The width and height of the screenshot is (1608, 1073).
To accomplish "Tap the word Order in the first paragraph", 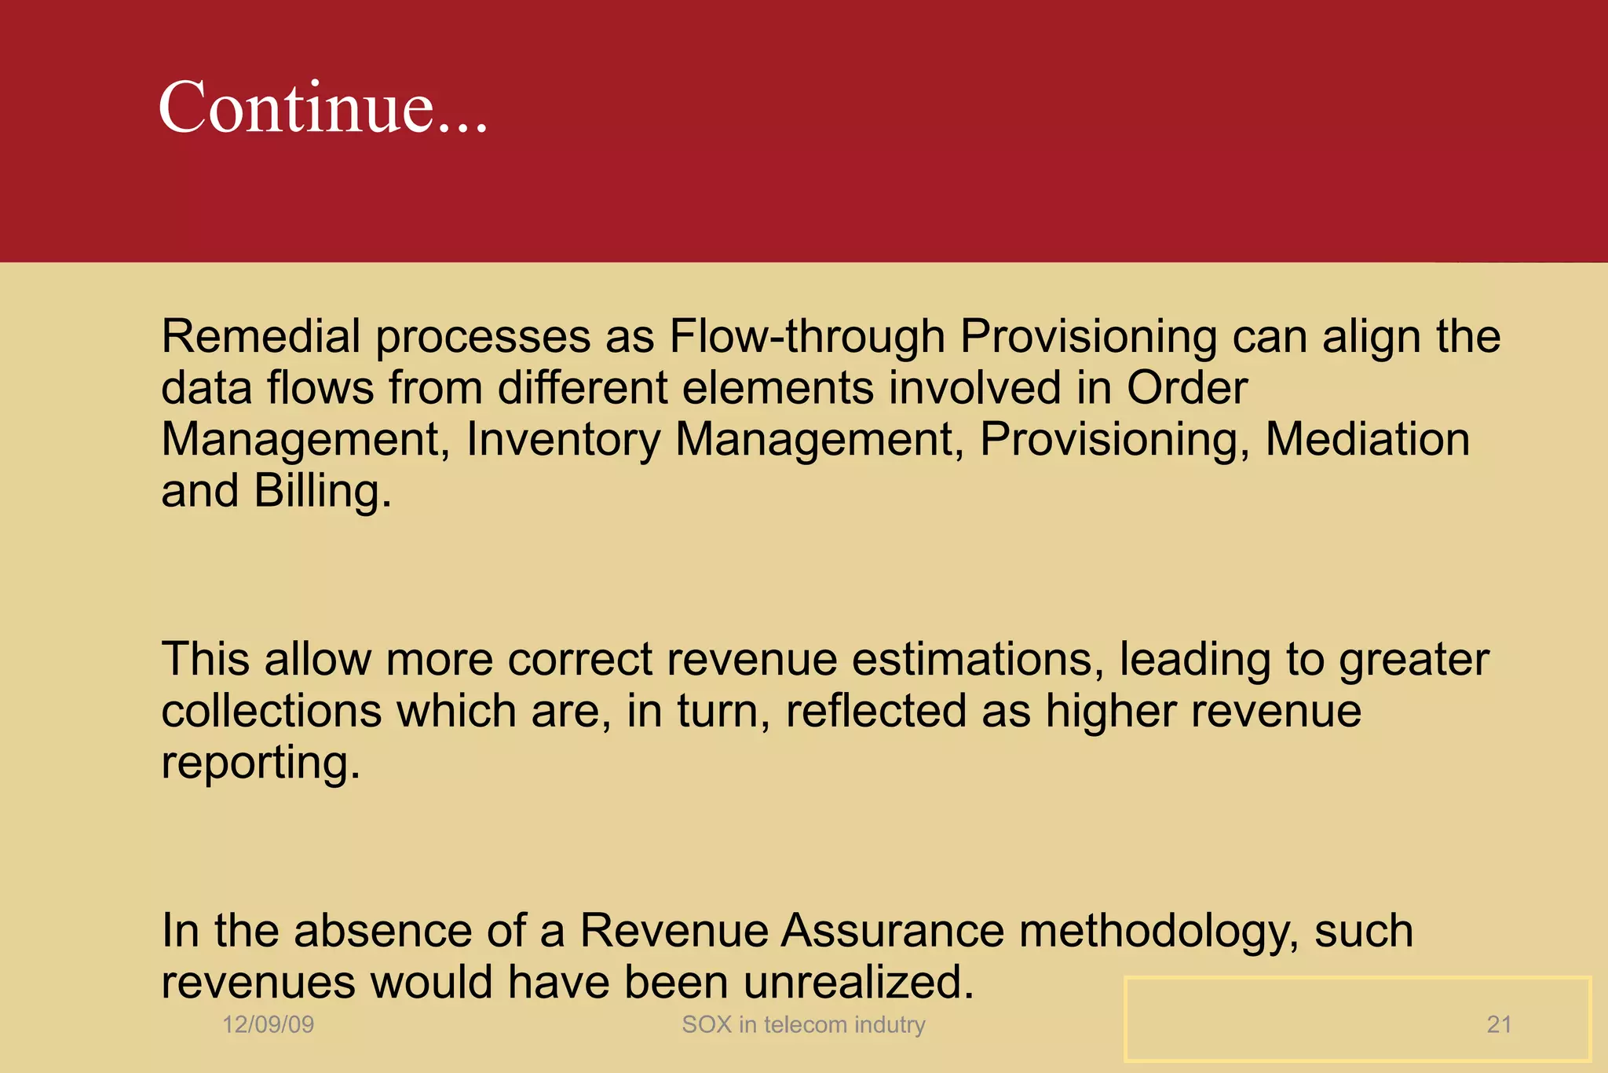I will pyautogui.click(x=1187, y=388).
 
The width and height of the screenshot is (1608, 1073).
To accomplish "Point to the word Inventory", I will pyautogui.click(x=563, y=440).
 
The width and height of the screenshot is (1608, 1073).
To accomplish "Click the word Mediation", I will pyautogui.click(x=1367, y=439).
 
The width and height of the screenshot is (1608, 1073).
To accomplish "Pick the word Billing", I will pyautogui.click(x=323, y=492).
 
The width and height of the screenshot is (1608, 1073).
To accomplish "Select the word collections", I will pyautogui.click(x=272, y=711).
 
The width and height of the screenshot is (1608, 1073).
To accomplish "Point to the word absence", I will pyautogui.click(x=382, y=931).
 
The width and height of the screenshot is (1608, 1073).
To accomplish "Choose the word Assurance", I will pyautogui.click(x=893, y=931).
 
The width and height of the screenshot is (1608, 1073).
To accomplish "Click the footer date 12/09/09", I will pyautogui.click(x=268, y=1024).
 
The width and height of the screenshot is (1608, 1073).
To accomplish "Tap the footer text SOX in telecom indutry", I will pyautogui.click(x=803, y=1024).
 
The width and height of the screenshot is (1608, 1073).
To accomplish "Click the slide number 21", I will pyautogui.click(x=1499, y=1024).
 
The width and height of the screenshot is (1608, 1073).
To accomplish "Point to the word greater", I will pyautogui.click(x=1413, y=661).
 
